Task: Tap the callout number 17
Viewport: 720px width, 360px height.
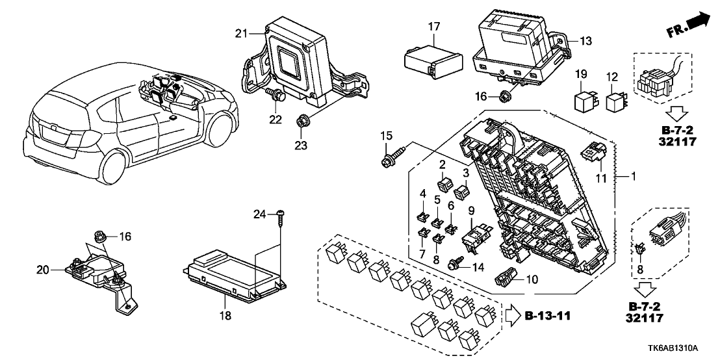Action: click(x=433, y=27)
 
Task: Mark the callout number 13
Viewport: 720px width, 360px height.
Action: click(x=586, y=41)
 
